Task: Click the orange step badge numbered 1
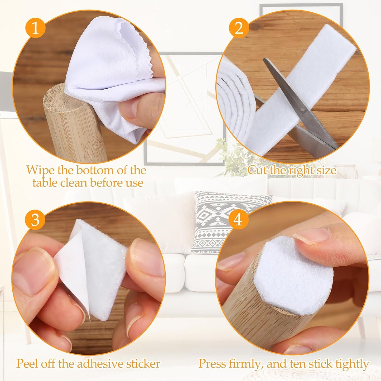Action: [35, 29]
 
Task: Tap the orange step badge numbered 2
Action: [239, 29]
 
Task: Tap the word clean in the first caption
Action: [74, 183]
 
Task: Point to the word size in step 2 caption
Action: [326, 170]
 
